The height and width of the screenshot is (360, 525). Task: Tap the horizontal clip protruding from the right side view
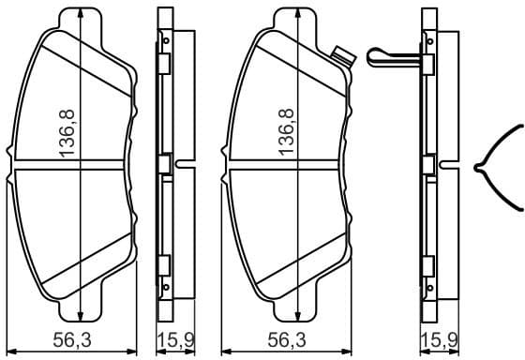click(x=394, y=56)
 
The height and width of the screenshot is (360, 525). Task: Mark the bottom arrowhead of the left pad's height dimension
click(x=82, y=317)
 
